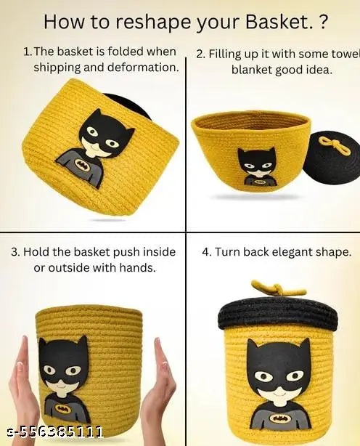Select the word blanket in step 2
coord(257,70)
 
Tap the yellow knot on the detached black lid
coord(330,141)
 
